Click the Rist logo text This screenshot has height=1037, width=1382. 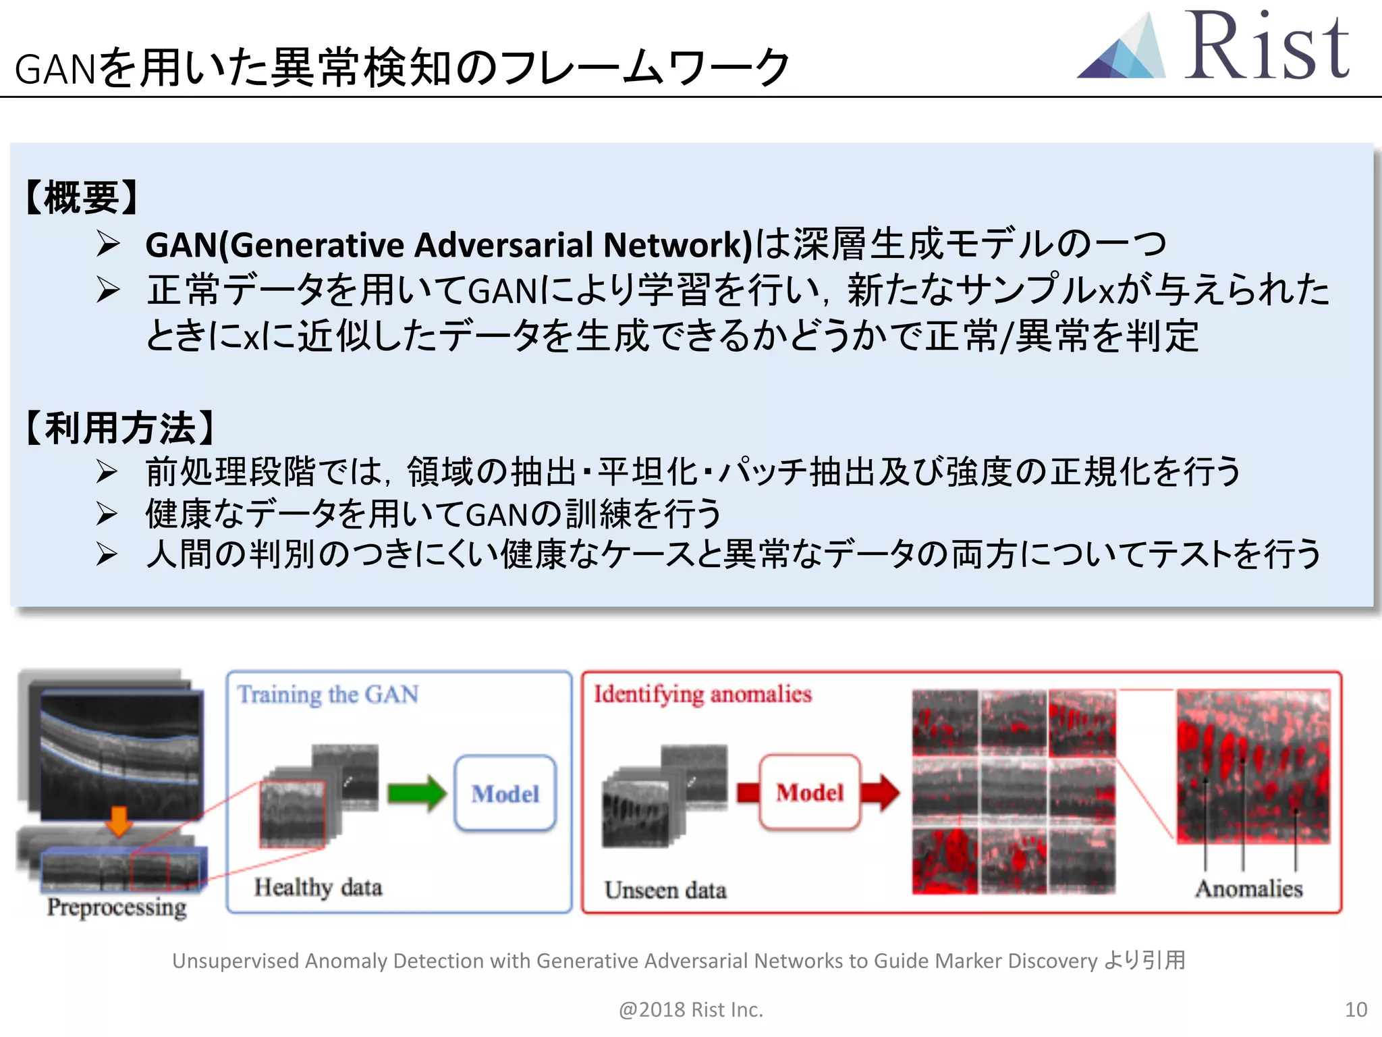pos(1267,47)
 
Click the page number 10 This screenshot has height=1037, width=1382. pos(1356,1009)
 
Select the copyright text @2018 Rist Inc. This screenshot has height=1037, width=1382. pos(690,1009)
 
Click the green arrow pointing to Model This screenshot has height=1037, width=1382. pos(416,793)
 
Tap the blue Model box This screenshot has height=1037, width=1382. pos(505,793)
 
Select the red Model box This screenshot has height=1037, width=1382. pos(810,792)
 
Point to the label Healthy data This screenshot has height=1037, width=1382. pos(318,887)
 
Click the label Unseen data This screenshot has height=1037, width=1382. pos(665,890)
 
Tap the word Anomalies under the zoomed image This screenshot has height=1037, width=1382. pos(1249,888)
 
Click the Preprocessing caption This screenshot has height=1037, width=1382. pos(117,907)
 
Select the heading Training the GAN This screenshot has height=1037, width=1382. pos(328,695)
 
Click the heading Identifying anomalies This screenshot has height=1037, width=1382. pos(702,694)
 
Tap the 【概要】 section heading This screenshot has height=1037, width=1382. pos(82,198)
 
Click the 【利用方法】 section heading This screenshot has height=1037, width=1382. pos(120,428)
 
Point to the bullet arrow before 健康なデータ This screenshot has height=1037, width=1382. pos(107,514)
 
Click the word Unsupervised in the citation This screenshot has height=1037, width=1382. pos(235,961)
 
